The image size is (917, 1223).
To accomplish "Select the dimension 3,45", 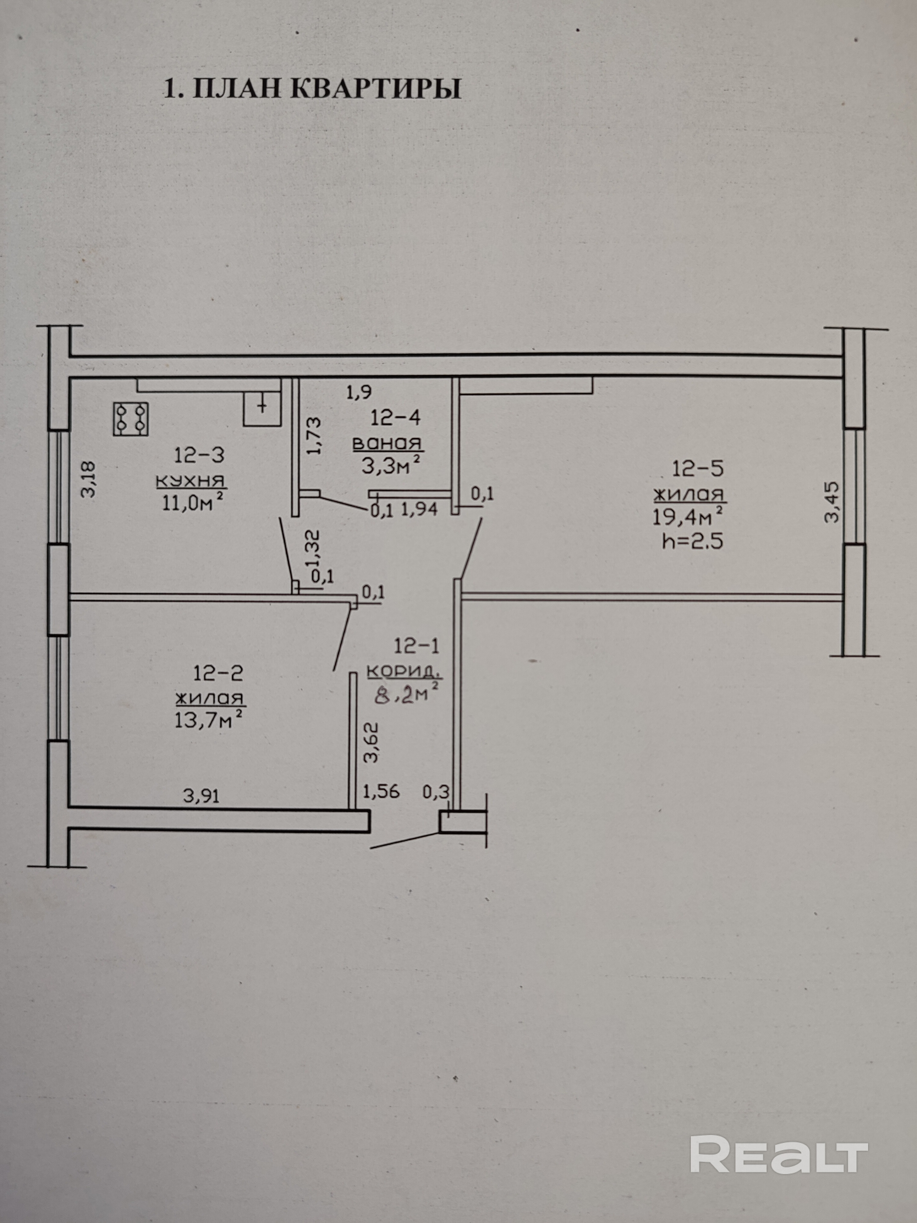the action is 831,502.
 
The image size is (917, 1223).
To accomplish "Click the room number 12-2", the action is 218,673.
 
